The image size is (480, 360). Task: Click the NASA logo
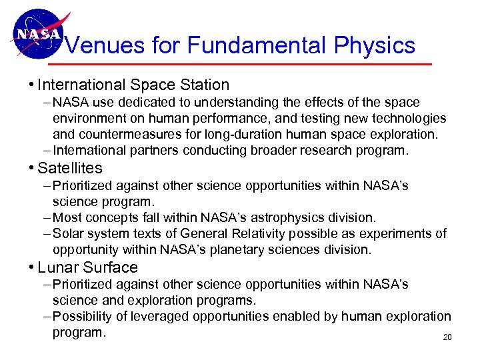[36, 33]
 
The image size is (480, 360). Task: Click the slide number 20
[447, 337]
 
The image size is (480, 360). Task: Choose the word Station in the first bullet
[204, 85]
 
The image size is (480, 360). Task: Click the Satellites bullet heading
[70, 168]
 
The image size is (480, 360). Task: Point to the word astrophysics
[283, 217]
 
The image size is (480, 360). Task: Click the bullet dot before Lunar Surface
[31, 268]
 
